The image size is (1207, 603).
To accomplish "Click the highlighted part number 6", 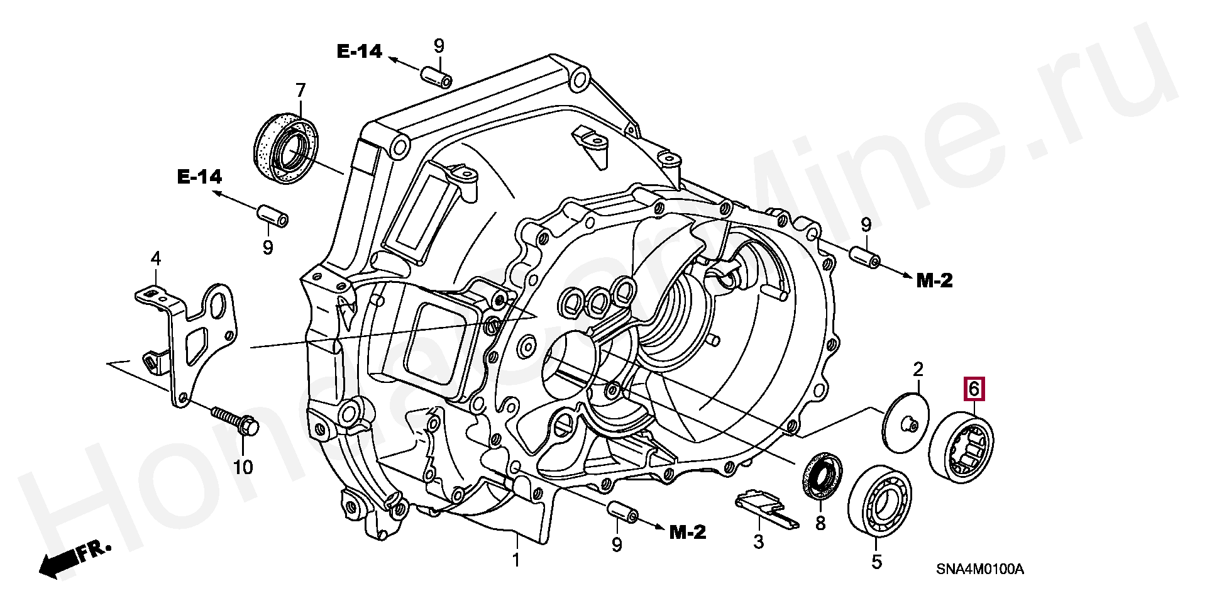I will [x=974, y=389].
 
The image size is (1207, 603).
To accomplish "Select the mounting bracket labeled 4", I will [x=189, y=340].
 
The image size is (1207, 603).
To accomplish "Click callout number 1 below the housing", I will [x=516, y=559].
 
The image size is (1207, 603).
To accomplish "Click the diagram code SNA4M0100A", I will [x=980, y=570].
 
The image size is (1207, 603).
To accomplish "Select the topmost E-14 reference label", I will [x=360, y=52].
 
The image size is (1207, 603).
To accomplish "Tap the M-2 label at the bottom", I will [x=688, y=533].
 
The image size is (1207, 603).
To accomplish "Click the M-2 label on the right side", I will [x=934, y=280].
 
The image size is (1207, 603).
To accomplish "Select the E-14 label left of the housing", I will [x=200, y=178].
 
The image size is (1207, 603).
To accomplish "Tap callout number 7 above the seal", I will [x=300, y=91].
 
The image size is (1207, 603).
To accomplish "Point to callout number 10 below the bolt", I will [x=243, y=467].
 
